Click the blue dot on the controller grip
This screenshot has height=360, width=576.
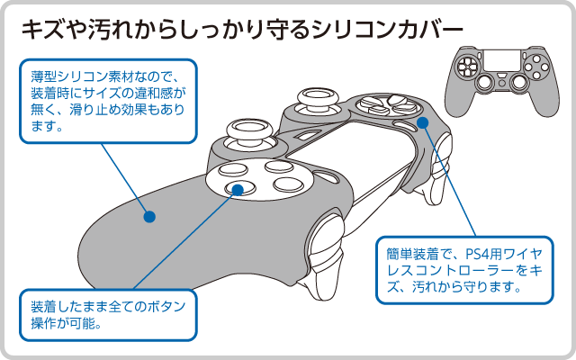click(149, 217)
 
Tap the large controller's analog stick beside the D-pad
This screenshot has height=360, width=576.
click(314, 97)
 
